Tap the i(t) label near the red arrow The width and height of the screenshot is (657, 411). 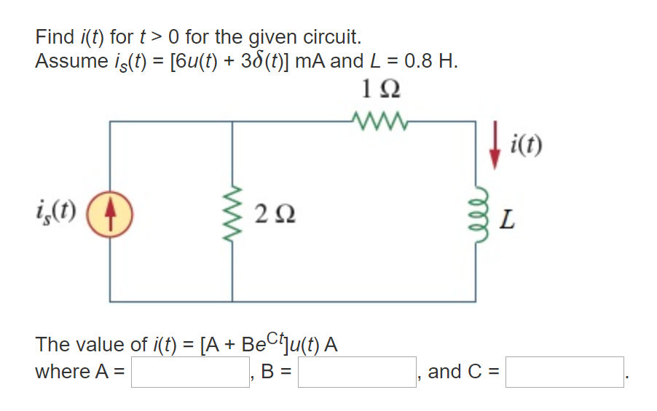point(527,145)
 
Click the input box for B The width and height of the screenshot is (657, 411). point(357,372)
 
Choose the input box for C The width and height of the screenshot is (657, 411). point(565,372)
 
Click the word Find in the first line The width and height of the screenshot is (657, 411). point(55,36)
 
